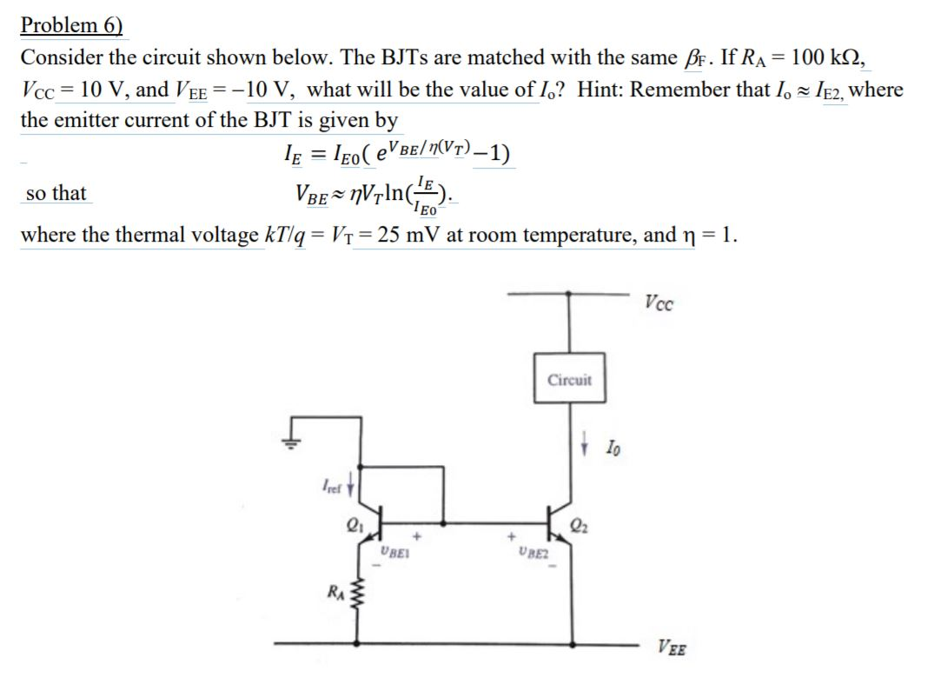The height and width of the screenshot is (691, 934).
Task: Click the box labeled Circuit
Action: coord(570,380)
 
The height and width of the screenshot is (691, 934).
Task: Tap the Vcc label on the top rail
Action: coord(660,303)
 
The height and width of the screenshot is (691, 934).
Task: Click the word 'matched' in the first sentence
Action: coord(490,58)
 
